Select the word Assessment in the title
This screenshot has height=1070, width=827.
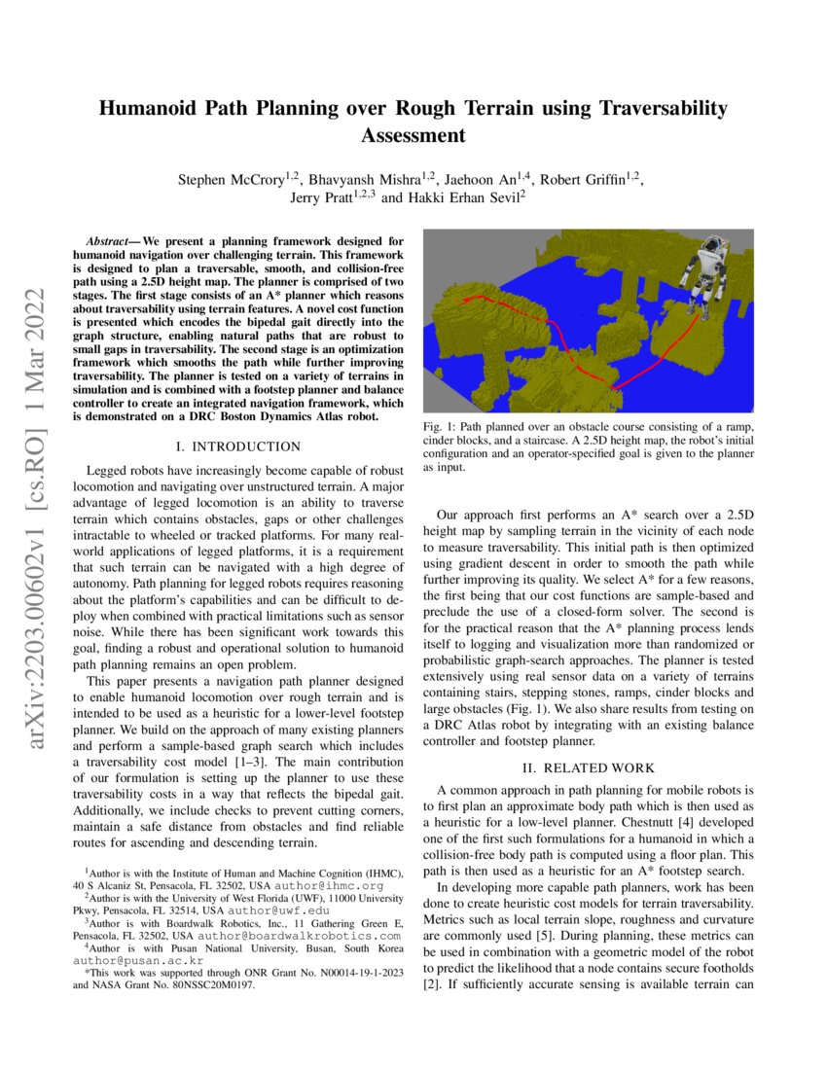pyautogui.click(x=413, y=135)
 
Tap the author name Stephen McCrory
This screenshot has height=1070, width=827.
pyautogui.click(x=230, y=180)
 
